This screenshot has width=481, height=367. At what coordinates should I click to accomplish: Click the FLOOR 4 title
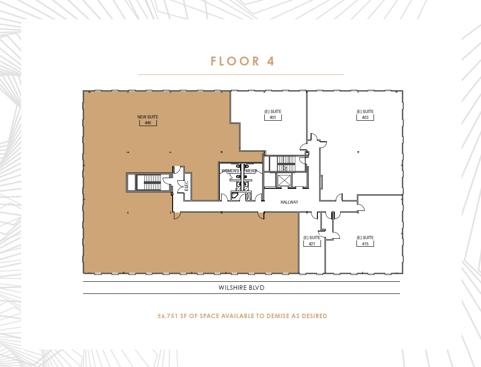242,61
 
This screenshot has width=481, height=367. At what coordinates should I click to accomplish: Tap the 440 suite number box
147,123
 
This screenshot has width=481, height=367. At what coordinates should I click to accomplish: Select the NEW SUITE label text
147,117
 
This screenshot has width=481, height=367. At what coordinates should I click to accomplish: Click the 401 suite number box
273,118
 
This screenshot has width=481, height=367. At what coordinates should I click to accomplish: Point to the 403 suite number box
365,118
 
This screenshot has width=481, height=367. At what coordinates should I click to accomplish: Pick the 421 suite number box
312,244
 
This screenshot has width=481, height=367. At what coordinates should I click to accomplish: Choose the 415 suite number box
365,244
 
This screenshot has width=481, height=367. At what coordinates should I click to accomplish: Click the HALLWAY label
289,202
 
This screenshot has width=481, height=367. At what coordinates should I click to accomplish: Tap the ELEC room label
186,185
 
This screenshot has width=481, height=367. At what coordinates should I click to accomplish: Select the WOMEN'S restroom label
230,171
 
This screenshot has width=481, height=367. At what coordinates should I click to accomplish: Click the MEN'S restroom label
250,171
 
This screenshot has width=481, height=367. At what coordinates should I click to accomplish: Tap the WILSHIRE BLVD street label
241,288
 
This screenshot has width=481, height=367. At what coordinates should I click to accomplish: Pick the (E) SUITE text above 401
273,112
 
